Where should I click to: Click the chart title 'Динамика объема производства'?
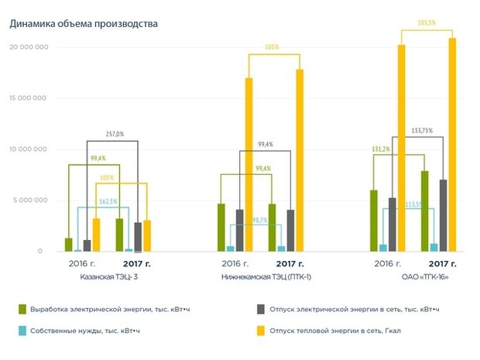(83, 24)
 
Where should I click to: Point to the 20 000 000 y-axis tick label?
(29, 47)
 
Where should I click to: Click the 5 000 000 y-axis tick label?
(32, 201)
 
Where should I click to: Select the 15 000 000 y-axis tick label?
(29, 98)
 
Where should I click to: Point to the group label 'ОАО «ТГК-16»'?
(414, 276)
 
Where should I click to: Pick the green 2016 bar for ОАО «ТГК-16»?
(374, 221)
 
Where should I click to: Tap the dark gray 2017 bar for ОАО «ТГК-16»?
(443, 215)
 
